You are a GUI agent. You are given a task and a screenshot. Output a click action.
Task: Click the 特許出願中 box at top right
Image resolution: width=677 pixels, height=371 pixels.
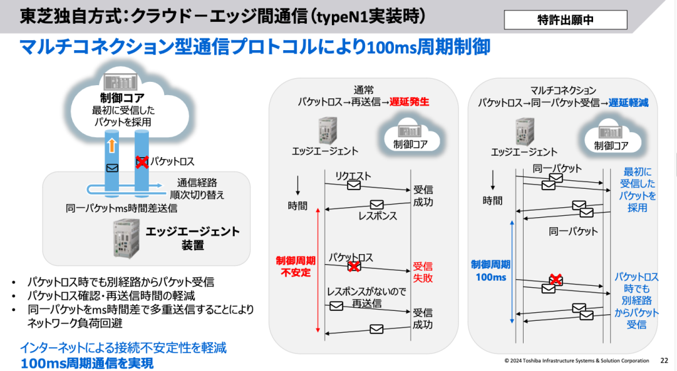click(x=565, y=20)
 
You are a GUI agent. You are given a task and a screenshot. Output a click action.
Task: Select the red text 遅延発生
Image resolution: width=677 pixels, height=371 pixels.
click(x=410, y=102)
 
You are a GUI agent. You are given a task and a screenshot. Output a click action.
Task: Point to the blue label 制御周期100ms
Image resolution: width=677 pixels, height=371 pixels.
click(x=490, y=271)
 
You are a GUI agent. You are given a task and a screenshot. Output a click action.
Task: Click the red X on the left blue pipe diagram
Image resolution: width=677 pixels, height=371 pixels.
click(x=141, y=161)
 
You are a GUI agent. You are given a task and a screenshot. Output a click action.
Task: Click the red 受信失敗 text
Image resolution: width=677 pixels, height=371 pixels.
click(x=423, y=272)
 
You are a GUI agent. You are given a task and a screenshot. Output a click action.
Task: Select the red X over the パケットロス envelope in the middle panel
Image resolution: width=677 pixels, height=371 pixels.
click(x=354, y=266)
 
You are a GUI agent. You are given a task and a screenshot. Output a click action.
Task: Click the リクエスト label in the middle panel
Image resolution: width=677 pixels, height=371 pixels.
click(x=353, y=176)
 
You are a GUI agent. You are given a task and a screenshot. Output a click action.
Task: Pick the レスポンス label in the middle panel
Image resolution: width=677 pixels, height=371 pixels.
click(x=378, y=216)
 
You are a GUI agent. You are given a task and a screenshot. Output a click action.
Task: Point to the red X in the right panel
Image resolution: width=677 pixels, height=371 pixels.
click(x=556, y=280)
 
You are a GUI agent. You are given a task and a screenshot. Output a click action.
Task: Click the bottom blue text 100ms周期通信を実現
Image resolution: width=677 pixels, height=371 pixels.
click(x=87, y=362)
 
